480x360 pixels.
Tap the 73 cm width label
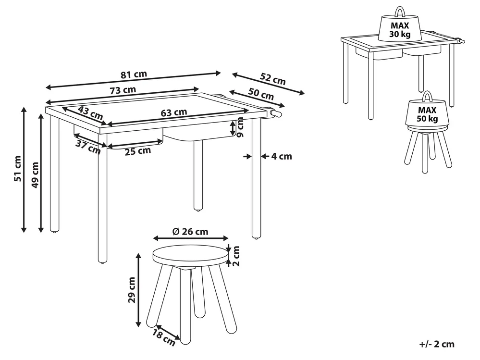pos(123,90)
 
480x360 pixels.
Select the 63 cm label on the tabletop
pos(174,112)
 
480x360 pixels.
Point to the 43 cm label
pos(90,113)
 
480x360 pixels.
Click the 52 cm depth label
pos(273,79)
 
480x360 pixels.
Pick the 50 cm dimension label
pos(261,94)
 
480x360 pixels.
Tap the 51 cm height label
pos(18,168)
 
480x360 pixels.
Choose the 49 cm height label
pos(35,175)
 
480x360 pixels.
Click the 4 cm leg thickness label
pos(282,156)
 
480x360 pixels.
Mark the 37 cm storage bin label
pos(88,148)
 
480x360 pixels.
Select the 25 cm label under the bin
pos(138,151)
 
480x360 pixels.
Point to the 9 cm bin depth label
pos(240,127)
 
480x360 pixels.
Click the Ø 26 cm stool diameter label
pos(190,232)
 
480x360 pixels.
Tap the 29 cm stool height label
pos(132,290)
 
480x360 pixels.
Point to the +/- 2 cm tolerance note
pos(437,344)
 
